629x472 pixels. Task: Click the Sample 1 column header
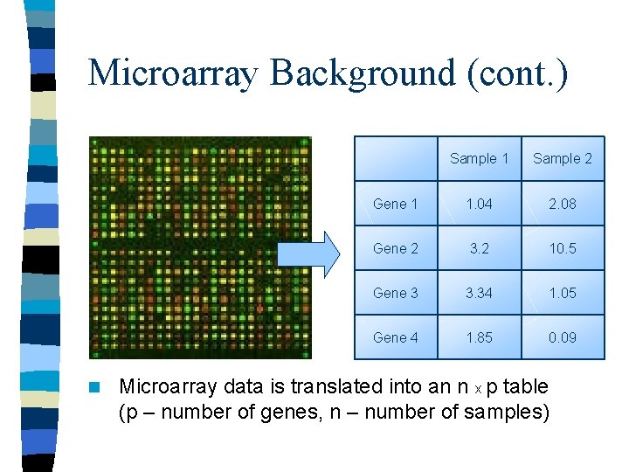tap(479, 158)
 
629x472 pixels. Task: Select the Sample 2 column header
tap(563, 158)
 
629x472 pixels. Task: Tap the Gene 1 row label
tap(396, 204)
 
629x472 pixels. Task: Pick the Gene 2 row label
tap(396, 248)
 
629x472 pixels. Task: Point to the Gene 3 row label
tap(396, 293)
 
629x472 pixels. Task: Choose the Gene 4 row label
tap(396, 337)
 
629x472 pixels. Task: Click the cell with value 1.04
tap(479, 204)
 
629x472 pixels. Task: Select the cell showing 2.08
tap(563, 204)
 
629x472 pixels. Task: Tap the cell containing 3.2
tap(479, 248)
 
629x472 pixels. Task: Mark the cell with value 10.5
tap(563, 248)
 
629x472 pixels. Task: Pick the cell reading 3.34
tap(479, 293)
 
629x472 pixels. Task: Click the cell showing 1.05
tap(563, 293)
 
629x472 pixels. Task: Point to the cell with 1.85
tap(479, 337)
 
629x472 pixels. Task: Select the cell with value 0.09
tap(563, 337)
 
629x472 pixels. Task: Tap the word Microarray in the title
tap(172, 73)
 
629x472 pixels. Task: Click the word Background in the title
tap(362, 73)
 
